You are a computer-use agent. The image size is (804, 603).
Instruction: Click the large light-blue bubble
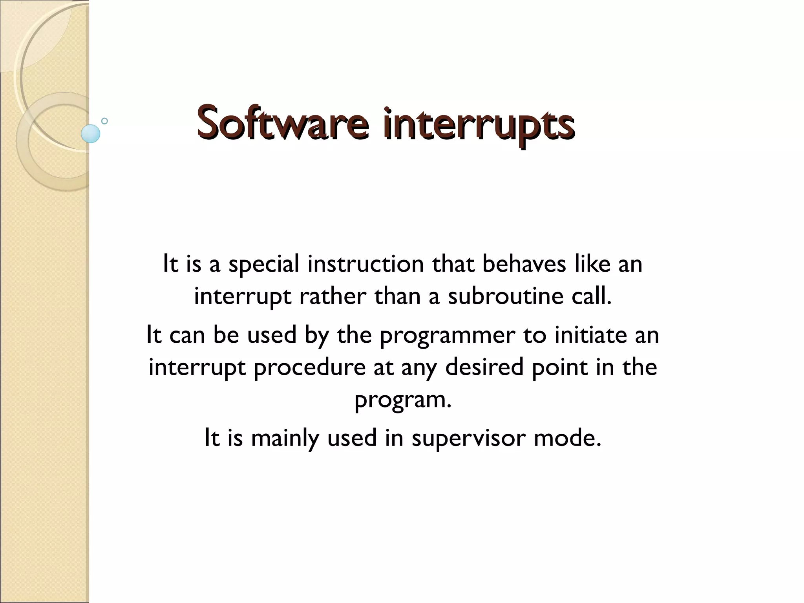pos(91,133)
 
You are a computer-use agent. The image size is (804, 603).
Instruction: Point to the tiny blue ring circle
pos(104,121)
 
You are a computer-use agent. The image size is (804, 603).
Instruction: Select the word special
pos(263,264)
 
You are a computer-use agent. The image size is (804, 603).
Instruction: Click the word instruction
pos(365,264)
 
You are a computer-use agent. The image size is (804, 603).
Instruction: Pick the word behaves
pos(524,264)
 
